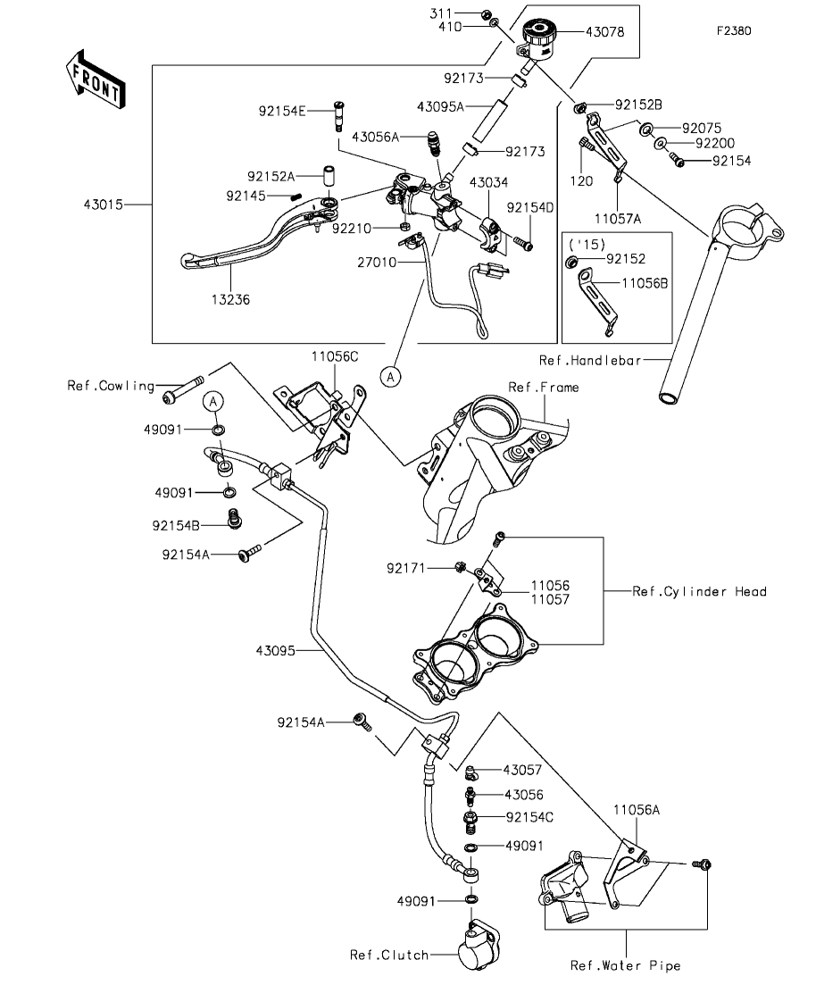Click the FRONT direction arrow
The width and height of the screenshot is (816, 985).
pos(96,80)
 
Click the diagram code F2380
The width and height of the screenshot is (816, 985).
pos(734,30)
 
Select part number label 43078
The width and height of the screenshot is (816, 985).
pos(605,32)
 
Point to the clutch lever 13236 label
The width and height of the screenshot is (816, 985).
pos(230,300)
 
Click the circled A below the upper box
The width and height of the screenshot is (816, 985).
pos(391,376)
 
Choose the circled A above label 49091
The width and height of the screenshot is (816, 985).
pos(213,401)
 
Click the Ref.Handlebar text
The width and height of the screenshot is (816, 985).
pos(590,360)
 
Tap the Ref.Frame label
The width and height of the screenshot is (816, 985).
pos(544,387)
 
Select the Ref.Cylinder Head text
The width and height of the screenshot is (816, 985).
pos(699,591)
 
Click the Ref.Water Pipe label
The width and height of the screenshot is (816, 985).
pos(625,964)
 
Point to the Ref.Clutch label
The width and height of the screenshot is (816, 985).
pos(389,955)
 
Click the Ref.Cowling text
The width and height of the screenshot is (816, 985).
pos(111,386)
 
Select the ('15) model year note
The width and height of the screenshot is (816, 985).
pos(587,244)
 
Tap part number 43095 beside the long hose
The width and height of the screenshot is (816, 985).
pos(275,651)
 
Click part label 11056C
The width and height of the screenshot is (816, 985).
pos(335,357)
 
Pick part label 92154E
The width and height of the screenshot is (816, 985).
pos(282,112)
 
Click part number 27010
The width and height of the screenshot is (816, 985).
pos(377,263)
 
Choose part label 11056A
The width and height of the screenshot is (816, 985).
pos(637,810)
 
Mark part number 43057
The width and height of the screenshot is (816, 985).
pos(522,770)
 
